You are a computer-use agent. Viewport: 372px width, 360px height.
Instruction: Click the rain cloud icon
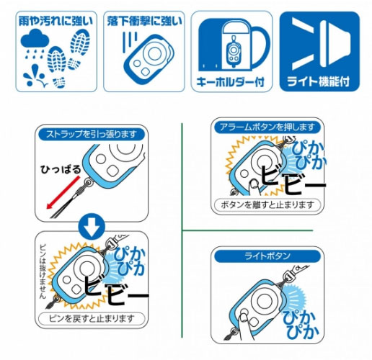click(35, 38)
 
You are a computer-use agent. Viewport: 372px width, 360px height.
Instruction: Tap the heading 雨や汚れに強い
click(56, 21)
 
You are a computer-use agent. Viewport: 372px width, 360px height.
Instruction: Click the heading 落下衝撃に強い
click(144, 21)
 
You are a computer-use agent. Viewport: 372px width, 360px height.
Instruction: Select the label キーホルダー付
click(231, 82)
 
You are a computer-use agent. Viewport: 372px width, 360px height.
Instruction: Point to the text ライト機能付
click(319, 81)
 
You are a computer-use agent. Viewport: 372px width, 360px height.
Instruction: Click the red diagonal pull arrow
click(63, 192)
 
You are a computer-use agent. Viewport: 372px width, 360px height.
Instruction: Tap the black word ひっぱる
click(61, 169)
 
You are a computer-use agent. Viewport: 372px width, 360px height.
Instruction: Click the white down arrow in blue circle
click(92, 227)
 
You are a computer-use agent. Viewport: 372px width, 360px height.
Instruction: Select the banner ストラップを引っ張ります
click(92, 134)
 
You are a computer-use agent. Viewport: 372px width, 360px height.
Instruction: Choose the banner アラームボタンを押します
click(267, 127)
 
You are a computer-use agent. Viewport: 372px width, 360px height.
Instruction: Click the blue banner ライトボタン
click(267, 256)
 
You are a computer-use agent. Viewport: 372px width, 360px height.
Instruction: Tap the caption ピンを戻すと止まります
click(92, 319)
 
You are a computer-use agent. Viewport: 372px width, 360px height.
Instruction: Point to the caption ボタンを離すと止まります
click(267, 205)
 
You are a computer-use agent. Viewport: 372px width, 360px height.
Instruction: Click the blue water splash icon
click(35, 76)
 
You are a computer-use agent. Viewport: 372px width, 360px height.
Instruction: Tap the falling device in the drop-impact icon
click(149, 60)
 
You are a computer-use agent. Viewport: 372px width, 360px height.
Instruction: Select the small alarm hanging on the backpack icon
click(233, 51)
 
